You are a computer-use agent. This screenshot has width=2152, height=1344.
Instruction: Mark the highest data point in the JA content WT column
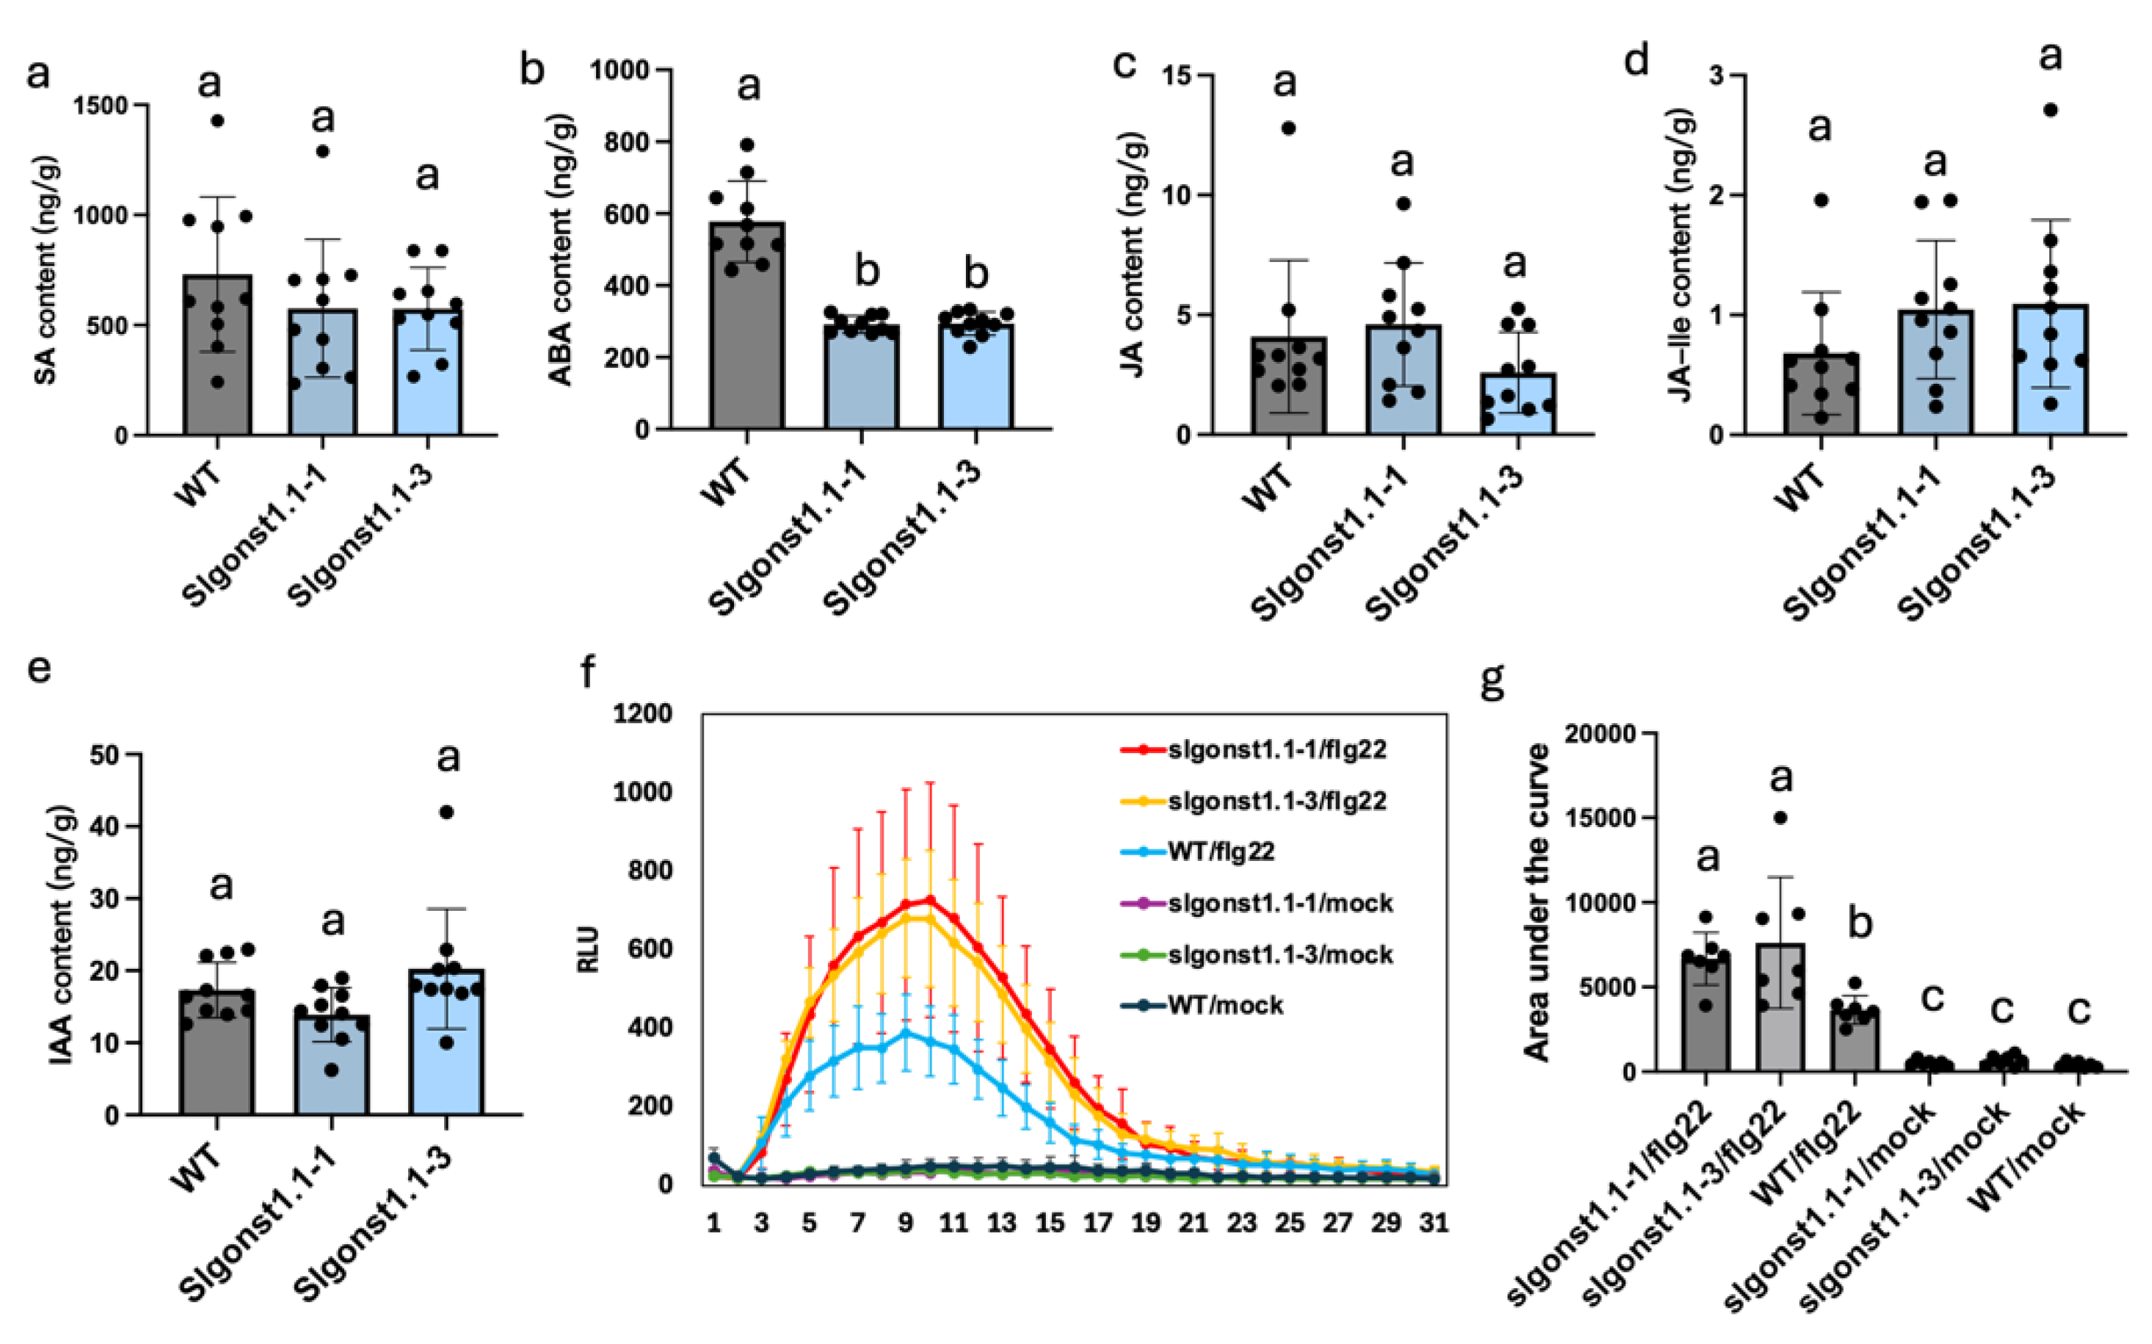[x=1288, y=128]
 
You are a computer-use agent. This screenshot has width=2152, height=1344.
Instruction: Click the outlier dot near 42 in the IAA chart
[x=447, y=812]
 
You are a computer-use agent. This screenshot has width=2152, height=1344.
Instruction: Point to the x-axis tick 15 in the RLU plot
[x=1049, y=1223]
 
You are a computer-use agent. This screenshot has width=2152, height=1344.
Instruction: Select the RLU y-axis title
[x=589, y=948]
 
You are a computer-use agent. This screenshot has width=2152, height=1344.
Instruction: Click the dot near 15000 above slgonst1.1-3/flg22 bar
[x=1781, y=818]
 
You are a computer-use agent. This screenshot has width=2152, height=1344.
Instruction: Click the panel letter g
[x=1492, y=680]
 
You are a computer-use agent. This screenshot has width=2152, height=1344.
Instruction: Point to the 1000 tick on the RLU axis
[x=641, y=791]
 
